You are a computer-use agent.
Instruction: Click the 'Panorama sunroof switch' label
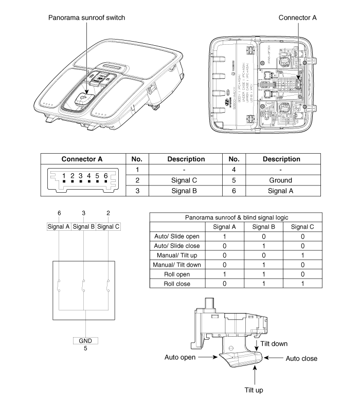86,17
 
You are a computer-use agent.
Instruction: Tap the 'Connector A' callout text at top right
298,17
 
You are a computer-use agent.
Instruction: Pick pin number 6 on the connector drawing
105,176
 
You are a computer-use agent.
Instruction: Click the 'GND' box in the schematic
85,341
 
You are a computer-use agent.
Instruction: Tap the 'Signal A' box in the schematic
59,227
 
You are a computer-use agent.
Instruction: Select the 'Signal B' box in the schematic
84,227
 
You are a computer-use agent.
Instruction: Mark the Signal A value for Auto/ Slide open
224,236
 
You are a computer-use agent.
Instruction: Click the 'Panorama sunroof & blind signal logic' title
236,217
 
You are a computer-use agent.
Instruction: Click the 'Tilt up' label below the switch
254,390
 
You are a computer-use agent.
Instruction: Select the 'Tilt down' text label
274,343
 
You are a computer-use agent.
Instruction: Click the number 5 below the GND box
85,348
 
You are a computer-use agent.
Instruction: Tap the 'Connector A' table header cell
82,159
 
